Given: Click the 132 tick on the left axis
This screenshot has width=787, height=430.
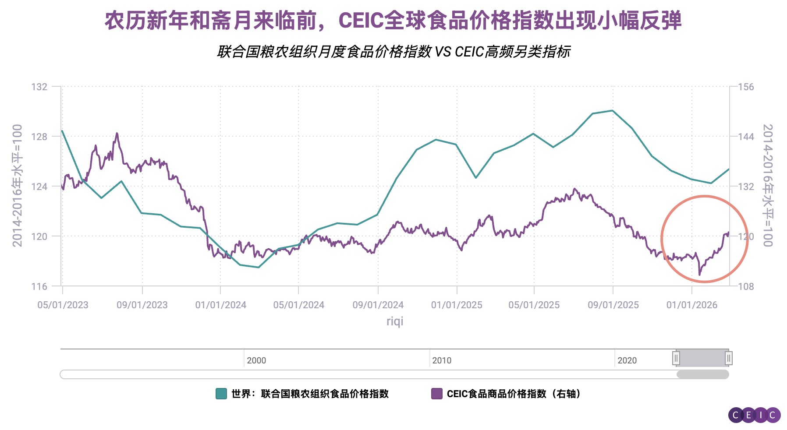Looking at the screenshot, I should pyautogui.click(x=39, y=87).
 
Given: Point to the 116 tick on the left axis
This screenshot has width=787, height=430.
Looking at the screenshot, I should pyautogui.click(x=39, y=286).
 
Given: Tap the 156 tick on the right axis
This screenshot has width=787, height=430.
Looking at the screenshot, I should pyautogui.click(x=746, y=87).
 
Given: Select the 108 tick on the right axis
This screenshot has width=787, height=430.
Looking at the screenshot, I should pyautogui.click(x=746, y=286).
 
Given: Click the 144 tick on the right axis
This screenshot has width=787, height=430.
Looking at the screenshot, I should pyautogui.click(x=746, y=137).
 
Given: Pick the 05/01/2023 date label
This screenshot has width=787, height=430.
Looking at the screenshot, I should pyautogui.click(x=63, y=305).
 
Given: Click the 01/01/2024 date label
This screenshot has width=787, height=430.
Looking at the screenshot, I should pyautogui.click(x=220, y=305).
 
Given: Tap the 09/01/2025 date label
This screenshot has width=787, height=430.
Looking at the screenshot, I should pyautogui.click(x=613, y=305).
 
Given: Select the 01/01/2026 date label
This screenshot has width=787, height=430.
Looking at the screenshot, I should pyautogui.click(x=692, y=305).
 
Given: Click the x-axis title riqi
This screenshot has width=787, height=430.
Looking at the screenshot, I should pyautogui.click(x=394, y=321).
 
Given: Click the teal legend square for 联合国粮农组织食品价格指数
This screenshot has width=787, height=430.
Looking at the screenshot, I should pyautogui.click(x=221, y=394).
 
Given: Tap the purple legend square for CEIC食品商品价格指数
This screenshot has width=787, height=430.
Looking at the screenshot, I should pyautogui.click(x=436, y=394).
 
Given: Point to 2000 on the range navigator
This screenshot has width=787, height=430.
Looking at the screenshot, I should pyautogui.click(x=256, y=360).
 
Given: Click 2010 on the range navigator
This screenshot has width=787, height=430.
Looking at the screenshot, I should pyautogui.click(x=442, y=360).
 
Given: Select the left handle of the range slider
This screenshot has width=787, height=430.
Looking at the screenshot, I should pyautogui.click(x=676, y=358).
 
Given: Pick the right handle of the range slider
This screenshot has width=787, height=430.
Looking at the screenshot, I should pyautogui.click(x=728, y=358).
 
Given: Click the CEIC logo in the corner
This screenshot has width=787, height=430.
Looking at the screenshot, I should pyautogui.click(x=754, y=415).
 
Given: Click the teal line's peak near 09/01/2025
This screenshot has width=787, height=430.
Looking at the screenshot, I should pyautogui.click(x=613, y=110).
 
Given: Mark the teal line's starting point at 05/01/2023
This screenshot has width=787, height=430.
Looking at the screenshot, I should pyautogui.click(x=62, y=131).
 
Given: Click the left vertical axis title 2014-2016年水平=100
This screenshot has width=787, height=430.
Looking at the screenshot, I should pyautogui.click(x=17, y=186).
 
